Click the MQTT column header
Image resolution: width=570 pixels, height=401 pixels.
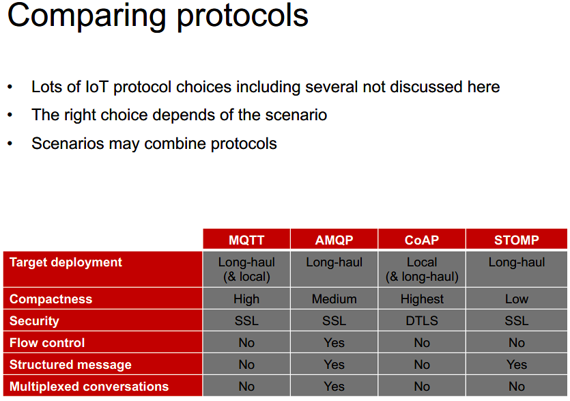point(246,240)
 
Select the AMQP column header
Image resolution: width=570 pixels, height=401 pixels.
point(334,240)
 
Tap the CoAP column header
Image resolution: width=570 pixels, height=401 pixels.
point(422,240)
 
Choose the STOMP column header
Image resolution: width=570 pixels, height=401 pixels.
point(517,240)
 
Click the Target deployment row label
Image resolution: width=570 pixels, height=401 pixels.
point(66,262)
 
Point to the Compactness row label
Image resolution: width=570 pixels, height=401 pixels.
point(51,299)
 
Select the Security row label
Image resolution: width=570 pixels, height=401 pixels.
point(34,320)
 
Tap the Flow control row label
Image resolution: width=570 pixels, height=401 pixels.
point(47,342)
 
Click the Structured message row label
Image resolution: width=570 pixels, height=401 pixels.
point(70,364)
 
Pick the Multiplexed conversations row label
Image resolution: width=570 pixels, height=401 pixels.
point(89,386)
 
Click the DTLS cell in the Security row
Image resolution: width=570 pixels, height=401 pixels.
point(422,320)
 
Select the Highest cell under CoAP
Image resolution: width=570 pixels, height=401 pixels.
point(422,299)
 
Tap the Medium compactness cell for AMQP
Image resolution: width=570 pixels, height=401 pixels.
point(334,299)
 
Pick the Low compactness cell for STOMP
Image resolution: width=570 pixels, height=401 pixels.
point(517,299)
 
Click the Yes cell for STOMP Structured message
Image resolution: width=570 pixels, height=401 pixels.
point(517,364)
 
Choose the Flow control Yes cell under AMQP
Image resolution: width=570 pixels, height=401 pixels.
point(334,342)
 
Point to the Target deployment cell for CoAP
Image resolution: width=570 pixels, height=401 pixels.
point(422,269)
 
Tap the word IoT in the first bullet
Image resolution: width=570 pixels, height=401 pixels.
point(97,87)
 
